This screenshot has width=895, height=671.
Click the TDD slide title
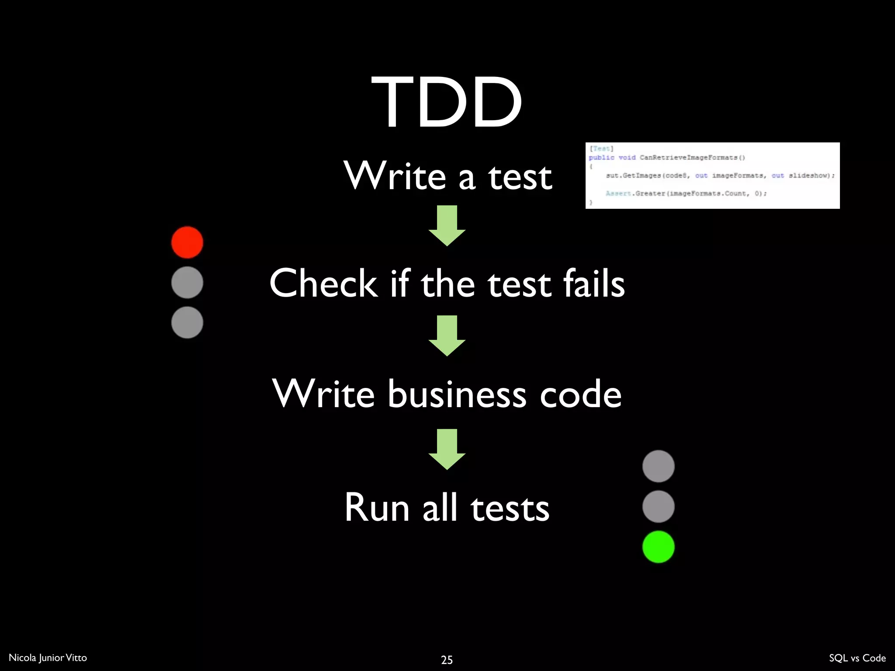tap(447, 102)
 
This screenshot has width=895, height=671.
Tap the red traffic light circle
tap(187, 242)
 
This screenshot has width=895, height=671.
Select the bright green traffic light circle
tap(658, 546)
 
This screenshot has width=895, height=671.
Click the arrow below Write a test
tap(447, 225)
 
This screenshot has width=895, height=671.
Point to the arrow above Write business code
tap(447, 335)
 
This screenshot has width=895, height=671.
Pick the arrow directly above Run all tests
tap(447, 449)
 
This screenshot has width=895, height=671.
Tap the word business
tap(457, 394)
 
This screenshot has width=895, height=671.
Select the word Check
tap(323, 284)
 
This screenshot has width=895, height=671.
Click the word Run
tap(377, 508)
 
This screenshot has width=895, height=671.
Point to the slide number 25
tap(447, 660)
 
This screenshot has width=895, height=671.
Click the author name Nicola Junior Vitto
tap(48, 657)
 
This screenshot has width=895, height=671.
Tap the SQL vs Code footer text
tap(857, 658)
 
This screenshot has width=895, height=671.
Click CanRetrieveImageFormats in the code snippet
tap(692, 157)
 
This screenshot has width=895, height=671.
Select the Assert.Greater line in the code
tap(686, 193)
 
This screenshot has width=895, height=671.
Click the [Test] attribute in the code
tap(601, 149)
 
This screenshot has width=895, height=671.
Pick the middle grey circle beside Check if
tap(187, 283)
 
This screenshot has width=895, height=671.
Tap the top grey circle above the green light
tap(658, 466)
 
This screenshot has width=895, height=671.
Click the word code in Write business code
tap(580, 394)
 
